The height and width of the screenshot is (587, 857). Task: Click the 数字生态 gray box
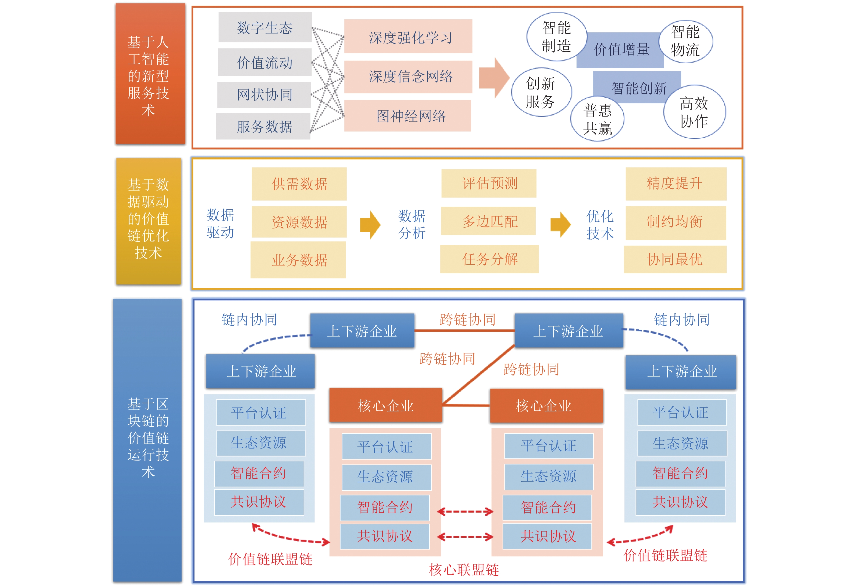[265, 27]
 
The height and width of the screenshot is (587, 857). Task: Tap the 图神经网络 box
[408, 116]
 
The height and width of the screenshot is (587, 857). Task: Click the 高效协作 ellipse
[694, 112]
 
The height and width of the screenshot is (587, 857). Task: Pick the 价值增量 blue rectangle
[622, 50]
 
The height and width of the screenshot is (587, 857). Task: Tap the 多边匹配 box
[488, 221]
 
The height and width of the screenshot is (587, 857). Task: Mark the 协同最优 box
[675, 259]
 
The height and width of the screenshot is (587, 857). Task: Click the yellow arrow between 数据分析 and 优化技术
[560, 224]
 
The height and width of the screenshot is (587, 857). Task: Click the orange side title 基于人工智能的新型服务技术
[150, 74]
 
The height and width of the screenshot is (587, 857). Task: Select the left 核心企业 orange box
[385, 405]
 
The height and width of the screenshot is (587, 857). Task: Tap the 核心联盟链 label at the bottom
[464, 570]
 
